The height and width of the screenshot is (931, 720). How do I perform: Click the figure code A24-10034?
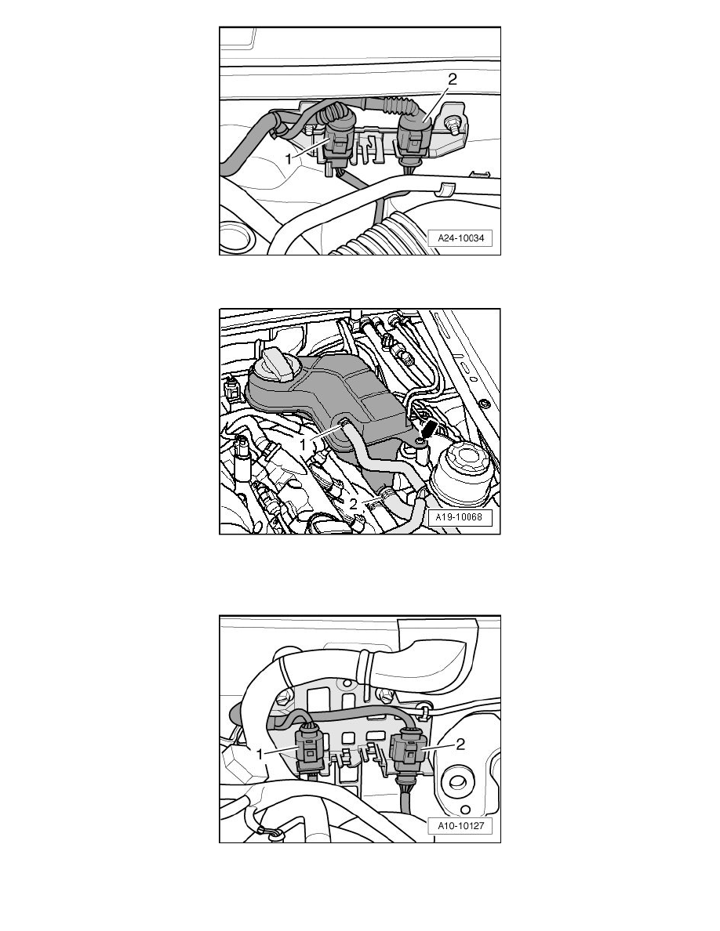[461, 238]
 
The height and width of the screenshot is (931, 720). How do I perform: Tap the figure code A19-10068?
[459, 516]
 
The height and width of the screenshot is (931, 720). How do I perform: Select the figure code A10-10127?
[460, 825]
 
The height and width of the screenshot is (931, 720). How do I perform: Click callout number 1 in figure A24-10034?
[289, 159]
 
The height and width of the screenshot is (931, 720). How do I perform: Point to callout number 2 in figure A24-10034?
[452, 80]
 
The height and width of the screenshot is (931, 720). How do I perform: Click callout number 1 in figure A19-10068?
[303, 444]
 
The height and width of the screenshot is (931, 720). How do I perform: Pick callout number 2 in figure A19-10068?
[353, 504]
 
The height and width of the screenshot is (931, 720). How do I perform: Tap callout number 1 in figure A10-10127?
[260, 754]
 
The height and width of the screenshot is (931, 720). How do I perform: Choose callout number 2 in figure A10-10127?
[460, 744]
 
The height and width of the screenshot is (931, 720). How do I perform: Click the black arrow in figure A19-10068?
[429, 429]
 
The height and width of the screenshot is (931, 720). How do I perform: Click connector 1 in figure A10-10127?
[310, 750]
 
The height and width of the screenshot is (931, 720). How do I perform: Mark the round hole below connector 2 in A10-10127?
[458, 783]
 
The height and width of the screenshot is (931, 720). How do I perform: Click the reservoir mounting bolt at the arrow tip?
[420, 442]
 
